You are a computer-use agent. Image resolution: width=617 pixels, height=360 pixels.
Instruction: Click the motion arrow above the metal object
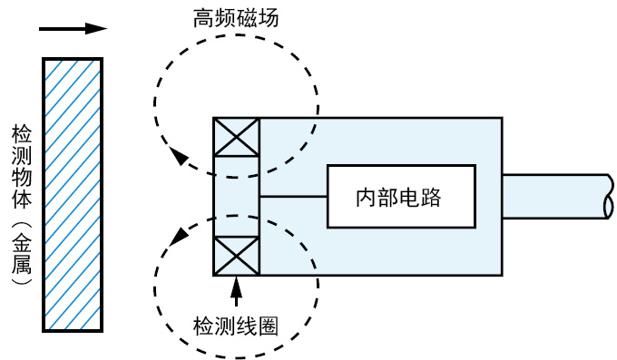[73, 28]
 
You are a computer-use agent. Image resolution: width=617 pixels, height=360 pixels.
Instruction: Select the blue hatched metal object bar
[73, 196]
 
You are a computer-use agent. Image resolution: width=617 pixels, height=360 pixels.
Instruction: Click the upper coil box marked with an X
[235, 141]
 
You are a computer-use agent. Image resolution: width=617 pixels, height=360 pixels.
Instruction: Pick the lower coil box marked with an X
[235, 255]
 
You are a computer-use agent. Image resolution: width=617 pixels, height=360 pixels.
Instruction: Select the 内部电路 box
[401, 197]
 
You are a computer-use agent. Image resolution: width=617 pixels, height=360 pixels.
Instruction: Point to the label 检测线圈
[235, 327]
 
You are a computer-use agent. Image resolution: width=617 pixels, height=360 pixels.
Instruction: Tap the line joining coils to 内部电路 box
[293, 197]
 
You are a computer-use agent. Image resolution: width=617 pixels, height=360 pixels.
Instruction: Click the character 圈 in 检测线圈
[267, 327]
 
